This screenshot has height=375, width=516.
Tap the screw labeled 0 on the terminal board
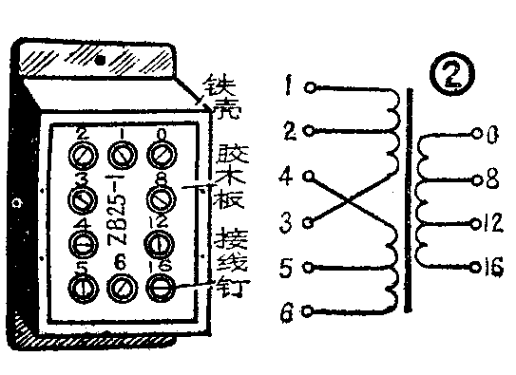tap(162, 154)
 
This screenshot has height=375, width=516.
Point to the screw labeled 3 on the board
tap(80, 199)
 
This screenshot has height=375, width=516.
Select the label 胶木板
tap(227, 176)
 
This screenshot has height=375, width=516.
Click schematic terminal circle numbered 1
tap(310, 87)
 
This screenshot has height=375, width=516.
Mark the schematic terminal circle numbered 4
tap(310, 176)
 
